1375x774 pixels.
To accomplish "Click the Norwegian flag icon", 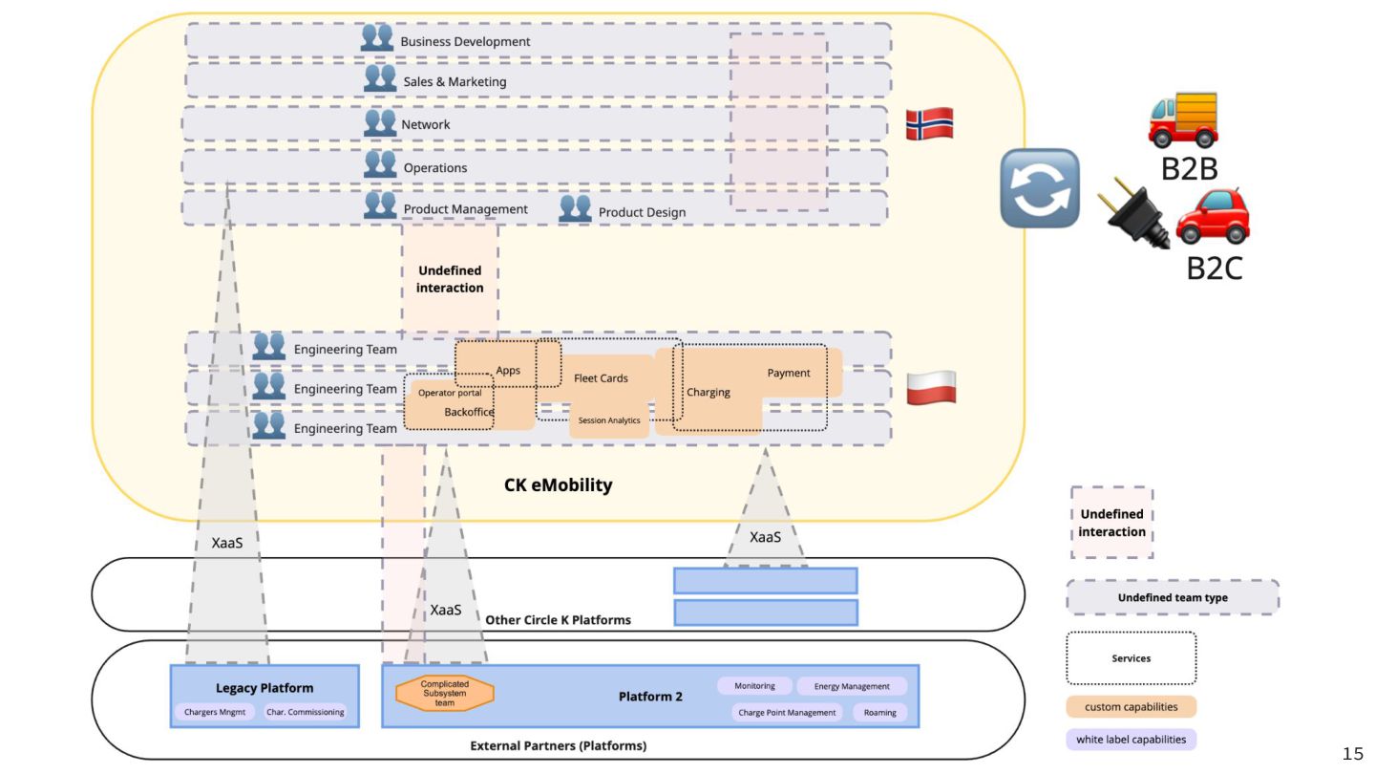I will [x=929, y=124].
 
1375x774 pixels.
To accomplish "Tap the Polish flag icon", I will [x=930, y=388].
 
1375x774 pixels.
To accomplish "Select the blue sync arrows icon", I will [x=1040, y=188].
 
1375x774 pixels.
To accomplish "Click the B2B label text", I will [x=1189, y=169].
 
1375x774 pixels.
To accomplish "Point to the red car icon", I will [x=1213, y=217].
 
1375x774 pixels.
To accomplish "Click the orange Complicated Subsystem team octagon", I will [x=445, y=694].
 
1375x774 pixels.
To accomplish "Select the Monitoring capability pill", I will [x=754, y=686].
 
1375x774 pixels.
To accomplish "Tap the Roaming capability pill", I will [x=879, y=713].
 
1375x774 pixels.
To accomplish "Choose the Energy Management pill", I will [x=852, y=686].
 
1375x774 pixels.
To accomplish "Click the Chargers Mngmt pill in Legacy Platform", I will [x=214, y=712].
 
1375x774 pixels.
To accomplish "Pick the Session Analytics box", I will [x=609, y=420].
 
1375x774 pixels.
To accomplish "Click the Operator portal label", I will [x=450, y=393].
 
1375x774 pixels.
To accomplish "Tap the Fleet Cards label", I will [x=601, y=378].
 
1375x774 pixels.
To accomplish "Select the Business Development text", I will [x=465, y=41].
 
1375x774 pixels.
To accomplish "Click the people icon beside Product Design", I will [x=575, y=208].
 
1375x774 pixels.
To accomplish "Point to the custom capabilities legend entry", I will [x=1131, y=707].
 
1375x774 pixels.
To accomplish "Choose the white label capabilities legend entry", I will [x=1131, y=739].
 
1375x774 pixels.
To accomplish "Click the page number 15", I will [x=1353, y=755].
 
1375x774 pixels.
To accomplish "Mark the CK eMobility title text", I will [x=558, y=485].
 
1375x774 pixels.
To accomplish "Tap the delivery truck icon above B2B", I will [x=1184, y=121].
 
